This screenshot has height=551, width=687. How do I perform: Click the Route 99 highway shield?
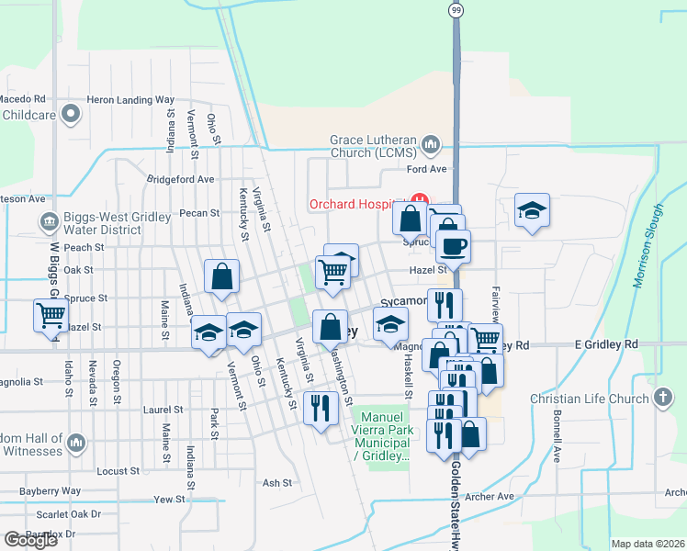click(x=456, y=9)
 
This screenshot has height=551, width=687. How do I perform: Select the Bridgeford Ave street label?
click(x=180, y=179)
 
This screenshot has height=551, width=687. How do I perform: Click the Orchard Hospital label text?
click(x=356, y=204)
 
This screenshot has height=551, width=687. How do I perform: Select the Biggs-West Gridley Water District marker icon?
click(x=47, y=221)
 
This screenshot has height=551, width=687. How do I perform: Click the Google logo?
click(x=29, y=539)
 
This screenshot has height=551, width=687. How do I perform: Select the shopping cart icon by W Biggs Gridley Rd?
click(x=51, y=315)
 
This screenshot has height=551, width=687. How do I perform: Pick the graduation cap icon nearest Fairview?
click(x=532, y=210)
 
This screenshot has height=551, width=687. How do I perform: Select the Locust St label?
click(x=117, y=471)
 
